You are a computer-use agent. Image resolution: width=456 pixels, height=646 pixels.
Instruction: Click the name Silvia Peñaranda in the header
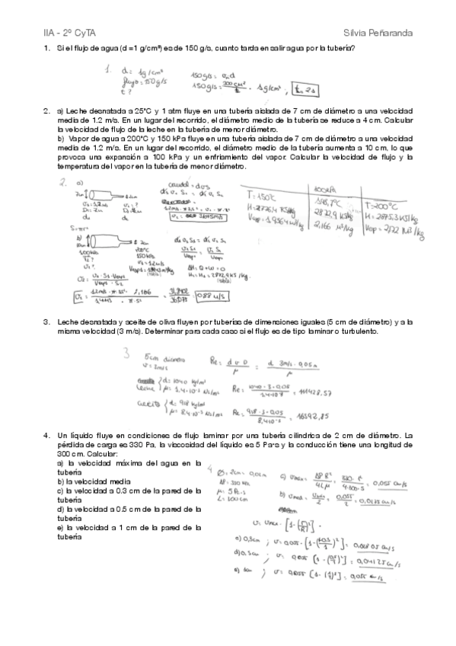(x=378, y=34)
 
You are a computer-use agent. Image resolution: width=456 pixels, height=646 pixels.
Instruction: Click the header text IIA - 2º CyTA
(x=68, y=34)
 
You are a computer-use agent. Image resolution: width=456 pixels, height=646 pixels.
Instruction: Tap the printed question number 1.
(x=46, y=49)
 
